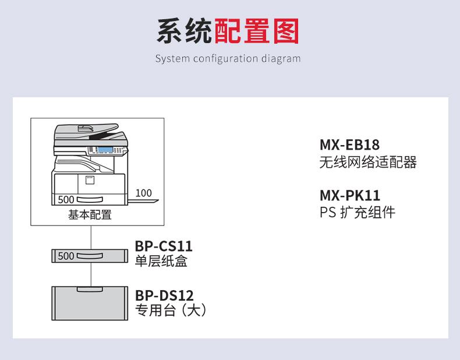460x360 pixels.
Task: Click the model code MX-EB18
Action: click(x=349, y=144)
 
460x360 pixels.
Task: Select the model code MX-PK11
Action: click(x=350, y=195)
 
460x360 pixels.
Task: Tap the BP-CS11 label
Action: click(x=164, y=246)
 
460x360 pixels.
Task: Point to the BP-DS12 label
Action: click(x=164, y=295)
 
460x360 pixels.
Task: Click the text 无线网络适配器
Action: click(x=368, y=162)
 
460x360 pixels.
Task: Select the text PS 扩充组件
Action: click(x=358, y=212)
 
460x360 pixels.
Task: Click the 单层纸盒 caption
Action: click(x=161, y=261)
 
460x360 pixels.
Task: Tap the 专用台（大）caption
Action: click(x=171, y=310)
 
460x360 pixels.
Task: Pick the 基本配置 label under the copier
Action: click(x=90, y=215)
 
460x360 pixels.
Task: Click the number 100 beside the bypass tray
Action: click(x=143, y=193)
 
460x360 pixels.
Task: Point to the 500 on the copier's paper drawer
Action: click(x=66, y=199)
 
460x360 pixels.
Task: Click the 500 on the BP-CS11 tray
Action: click(x=66, y=256)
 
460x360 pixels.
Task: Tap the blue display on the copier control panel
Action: click(x=105, y=150)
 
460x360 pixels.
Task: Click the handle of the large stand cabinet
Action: click(x=90, y=290)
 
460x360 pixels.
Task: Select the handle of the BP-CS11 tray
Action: click(x=90, y=256)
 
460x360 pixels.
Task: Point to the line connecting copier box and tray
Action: click(x=91, y=238)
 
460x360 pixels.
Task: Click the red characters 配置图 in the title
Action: click(x=257, y=31)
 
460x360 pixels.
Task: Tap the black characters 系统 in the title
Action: click(x=184, y=31)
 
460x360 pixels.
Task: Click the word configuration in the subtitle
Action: click(x=225, y=59)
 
